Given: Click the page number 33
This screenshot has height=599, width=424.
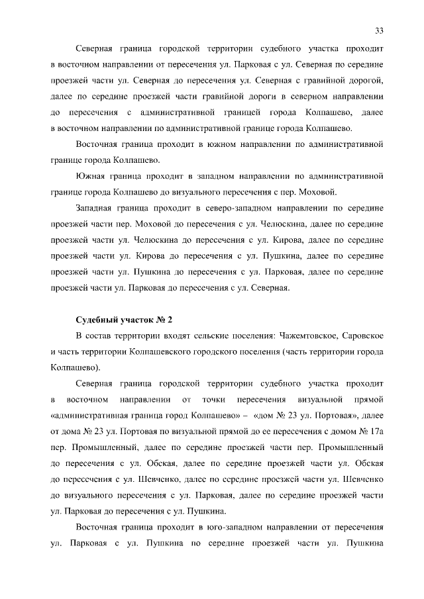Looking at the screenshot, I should (x=380, y=30).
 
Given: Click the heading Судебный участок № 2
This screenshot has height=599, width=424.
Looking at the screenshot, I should (x=124, y=320).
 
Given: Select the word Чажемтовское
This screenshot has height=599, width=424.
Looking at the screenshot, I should (x=307, y=337).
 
